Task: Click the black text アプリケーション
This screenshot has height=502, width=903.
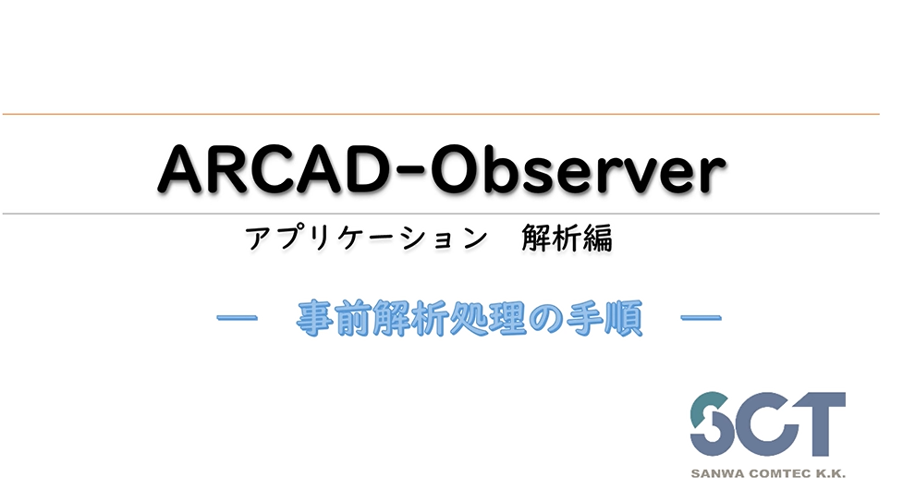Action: [365, 239]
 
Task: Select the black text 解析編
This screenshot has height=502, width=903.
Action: [572, 239]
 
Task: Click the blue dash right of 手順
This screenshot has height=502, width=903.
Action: [700, 319]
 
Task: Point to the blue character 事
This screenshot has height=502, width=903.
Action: [314, 320]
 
